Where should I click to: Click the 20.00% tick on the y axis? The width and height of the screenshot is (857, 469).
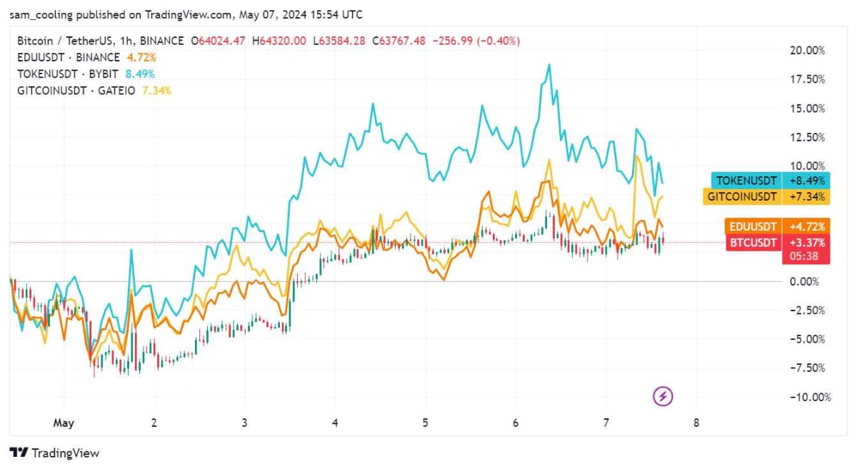pyautogui.click(x=807, y=51)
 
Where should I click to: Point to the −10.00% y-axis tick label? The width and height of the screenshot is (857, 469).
pyautogui.click(x=811, y=397)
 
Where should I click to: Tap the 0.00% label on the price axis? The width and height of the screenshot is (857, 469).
pyautogui.click(x=804, y=282)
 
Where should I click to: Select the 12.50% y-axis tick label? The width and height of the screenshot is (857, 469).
pyautogui.click(x=807, y=137)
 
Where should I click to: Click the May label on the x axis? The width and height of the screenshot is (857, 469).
pyautogui.click(x=64, y=423)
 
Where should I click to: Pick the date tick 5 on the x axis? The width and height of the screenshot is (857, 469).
pyautogui.click(x=425, y=423)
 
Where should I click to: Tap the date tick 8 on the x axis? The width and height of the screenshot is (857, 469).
pyautogui.click(x=696, y=423)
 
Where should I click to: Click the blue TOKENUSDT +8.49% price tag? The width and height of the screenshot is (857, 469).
pyautogui.click(x=771, y=181)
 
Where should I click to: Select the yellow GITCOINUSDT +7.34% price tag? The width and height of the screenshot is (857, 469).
pyautogui.click(x=766, y=196)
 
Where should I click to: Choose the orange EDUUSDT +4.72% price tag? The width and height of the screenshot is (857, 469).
pyautogui.click(x=778, y=226)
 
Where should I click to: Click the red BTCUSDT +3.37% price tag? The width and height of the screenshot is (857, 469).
pyautogui.click(x=778, y=243)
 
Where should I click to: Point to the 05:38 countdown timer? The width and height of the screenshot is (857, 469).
pyautogui.click(x=804, y=256)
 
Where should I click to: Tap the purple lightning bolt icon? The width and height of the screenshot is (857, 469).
pyautogui.click(x=663, y=396)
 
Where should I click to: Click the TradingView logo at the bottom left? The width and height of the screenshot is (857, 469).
pyautogui.click(x=54, y=453)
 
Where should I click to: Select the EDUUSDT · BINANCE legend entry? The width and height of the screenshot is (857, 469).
pyautogui.click(x=69, y=57)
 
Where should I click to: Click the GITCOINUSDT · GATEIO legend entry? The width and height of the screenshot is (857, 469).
pyautogui.click(x=76, y=91)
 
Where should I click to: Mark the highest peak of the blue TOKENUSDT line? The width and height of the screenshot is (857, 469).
pyautogui.click(x=549, y=65)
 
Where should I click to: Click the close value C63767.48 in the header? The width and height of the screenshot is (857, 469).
pyautogui.click(x=399, y=41)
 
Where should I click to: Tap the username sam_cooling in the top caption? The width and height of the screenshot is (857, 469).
pyautogui.click(x=41, y=15)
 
